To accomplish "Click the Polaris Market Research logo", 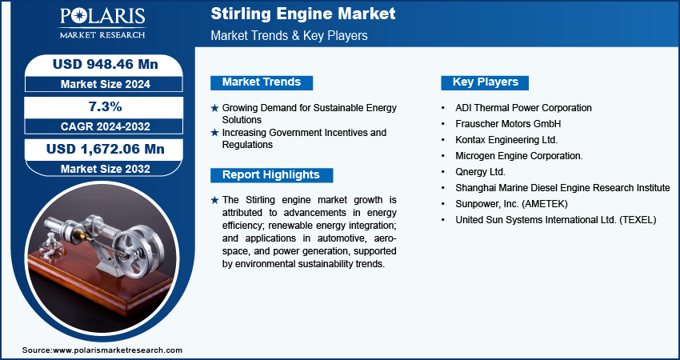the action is click(x=102, y=23).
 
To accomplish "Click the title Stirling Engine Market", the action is click(x=303, y=14).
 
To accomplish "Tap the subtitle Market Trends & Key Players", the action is click(x=290, y=35).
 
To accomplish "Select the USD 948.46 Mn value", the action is click(x=106, y=64).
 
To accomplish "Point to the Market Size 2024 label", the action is click(x=106, y=84).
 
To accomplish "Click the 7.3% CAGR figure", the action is click(x=104, y=106).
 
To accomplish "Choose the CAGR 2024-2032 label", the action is click(x=105, y=126).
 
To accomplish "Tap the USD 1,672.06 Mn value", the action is click(x=106, y=150).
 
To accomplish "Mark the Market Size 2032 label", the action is click(x=106, y=169).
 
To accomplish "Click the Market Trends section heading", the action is click(x=262, y=82).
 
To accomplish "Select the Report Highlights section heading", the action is click(x=271, y=174).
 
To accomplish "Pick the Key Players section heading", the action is click(x=486, y=82).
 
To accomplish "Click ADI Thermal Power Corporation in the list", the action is click(x=523, y=107).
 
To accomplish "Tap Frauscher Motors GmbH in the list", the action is click(x=508, y=124).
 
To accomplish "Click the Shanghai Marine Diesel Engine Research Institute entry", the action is click(x=562, y=188).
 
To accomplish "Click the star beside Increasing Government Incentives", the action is click(x=214, y=133).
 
